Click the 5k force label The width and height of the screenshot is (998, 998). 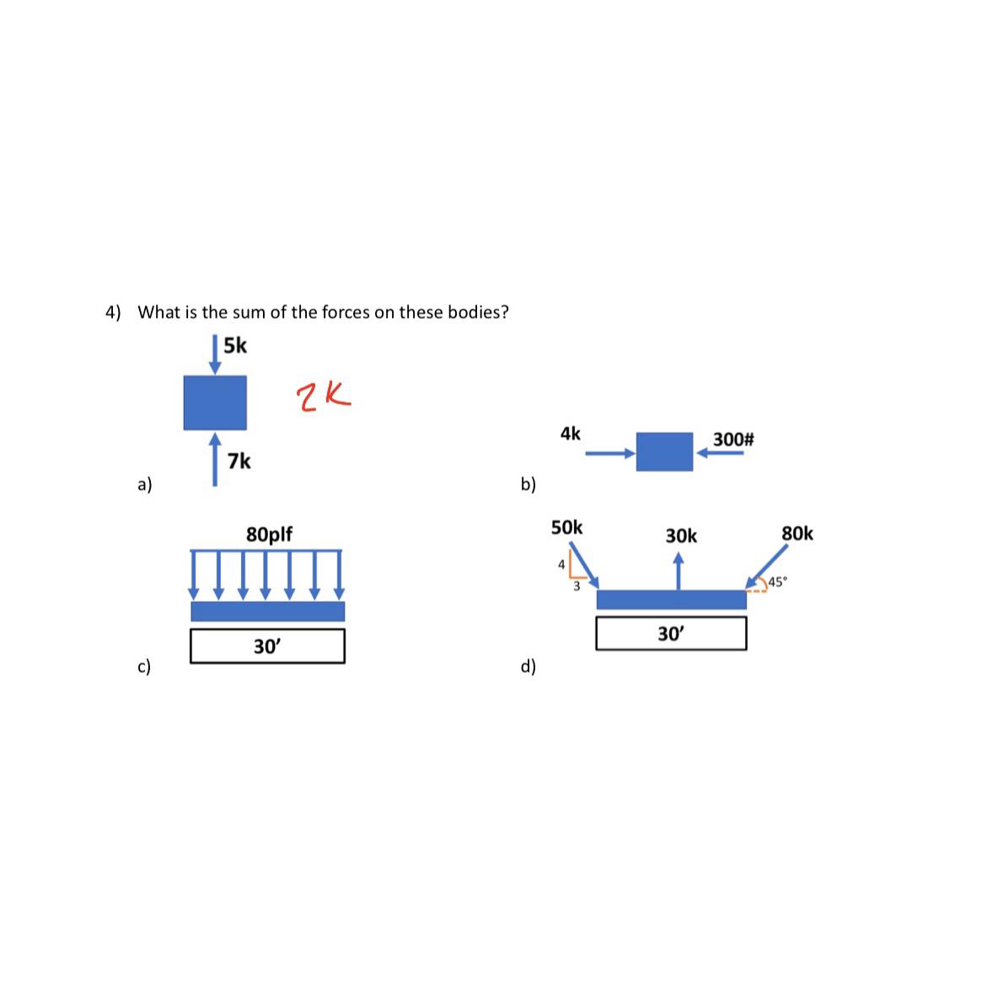235,346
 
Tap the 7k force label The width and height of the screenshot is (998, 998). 239,461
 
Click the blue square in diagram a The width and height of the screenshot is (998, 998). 215,402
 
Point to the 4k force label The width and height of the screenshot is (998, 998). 570,433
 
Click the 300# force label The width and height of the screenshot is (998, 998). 733,439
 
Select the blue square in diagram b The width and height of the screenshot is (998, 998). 664,452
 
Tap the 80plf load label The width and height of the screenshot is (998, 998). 269,534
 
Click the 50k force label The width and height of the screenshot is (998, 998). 566,528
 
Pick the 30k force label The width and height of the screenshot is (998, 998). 681,536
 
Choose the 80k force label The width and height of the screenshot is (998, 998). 797,534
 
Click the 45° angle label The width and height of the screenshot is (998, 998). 776,581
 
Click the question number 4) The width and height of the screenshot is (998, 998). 113,312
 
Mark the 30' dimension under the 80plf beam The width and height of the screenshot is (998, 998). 267,647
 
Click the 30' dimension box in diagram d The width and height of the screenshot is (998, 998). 670,634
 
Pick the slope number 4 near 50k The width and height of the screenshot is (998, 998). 561,565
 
